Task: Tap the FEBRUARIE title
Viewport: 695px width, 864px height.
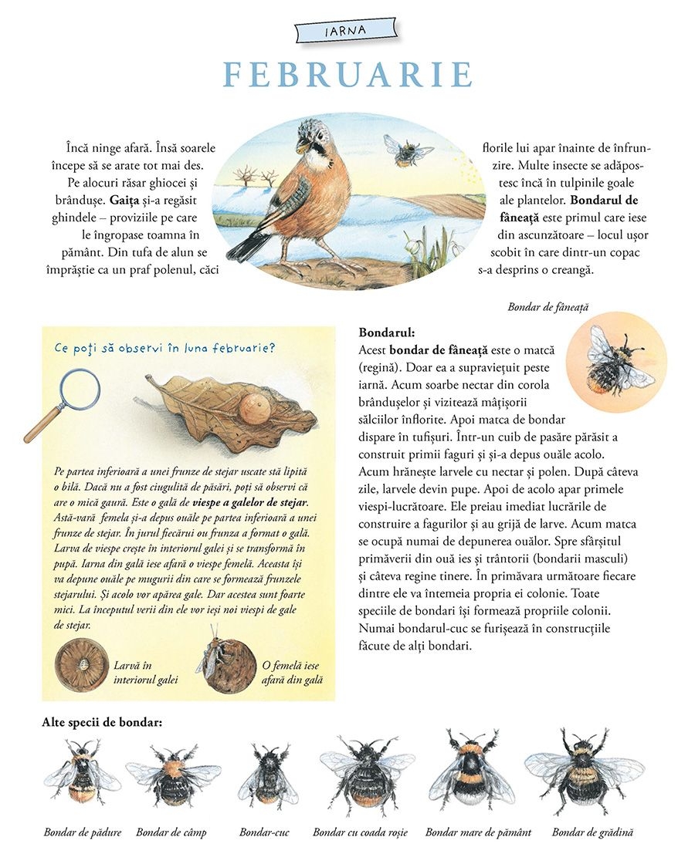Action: (347, 75)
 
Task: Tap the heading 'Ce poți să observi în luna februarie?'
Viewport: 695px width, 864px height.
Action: (164, 347)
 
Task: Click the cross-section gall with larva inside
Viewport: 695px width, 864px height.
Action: (83, 665)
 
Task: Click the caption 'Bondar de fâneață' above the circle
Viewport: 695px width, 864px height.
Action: (548, 307)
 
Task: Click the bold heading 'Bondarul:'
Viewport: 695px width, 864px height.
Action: (387, 333)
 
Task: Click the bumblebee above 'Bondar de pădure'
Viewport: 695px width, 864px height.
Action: (80, 771)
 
